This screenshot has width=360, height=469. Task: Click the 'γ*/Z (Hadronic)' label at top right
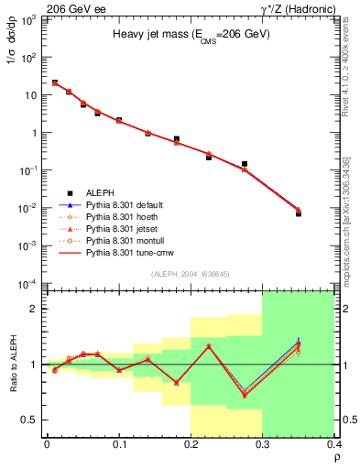point(318,8)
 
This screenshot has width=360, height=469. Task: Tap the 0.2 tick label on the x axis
point(191,443)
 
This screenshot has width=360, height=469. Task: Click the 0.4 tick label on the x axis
point(333,443)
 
